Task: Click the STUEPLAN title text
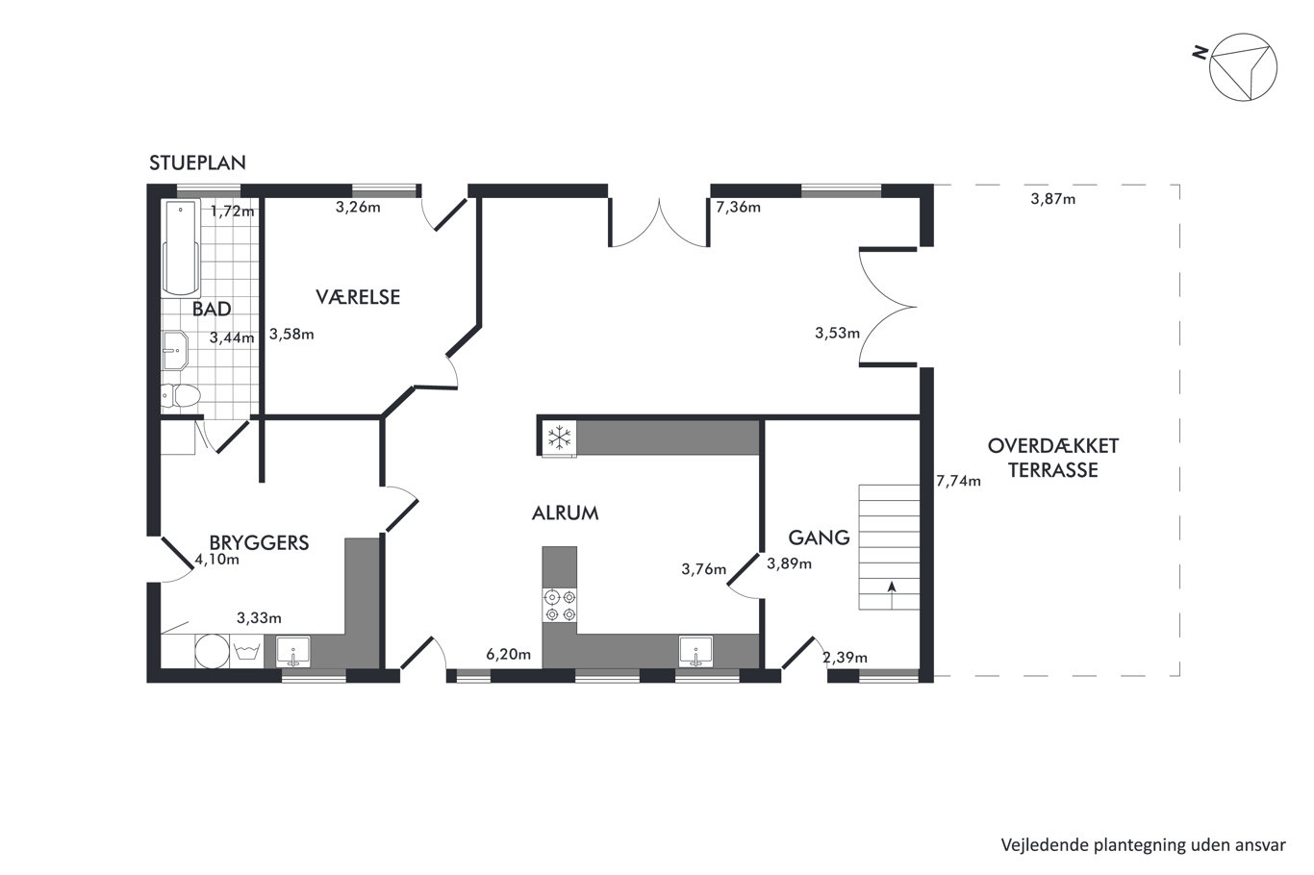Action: click(x=197, y=162)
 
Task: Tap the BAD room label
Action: click(x=212, y=309)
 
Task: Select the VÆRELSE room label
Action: click(x=358, y=297)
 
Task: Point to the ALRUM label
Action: click(x=565, y=513)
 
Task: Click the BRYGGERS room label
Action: click(x=260, y=542)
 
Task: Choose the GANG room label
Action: click(x=819, y=537)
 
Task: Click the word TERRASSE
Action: click(x=1053, y=470)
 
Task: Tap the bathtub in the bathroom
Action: click(x=181, y=247)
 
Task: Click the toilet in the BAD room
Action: click(x=181, y=396)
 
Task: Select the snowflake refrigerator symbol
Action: click(x=559, y=437)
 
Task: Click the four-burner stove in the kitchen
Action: click(x=560, y=606)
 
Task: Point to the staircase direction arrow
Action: click(x=891, y=594)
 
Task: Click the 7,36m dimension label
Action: click(x=738, y=207)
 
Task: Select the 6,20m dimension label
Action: click(x=508, y=654)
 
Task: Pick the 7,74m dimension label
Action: click(x=958, y=481)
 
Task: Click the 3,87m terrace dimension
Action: click(x=1053, y=199)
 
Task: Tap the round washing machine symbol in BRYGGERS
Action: click(x=212, y=651)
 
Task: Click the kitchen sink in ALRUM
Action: click(x=695, y=652)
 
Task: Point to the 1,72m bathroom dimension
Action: click(x=232, y=212)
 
